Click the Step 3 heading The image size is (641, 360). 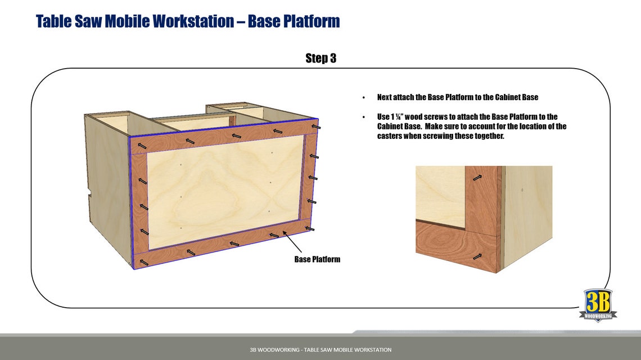[320, 58]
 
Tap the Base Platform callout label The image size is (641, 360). [317, 259]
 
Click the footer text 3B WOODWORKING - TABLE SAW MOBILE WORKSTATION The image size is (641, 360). [320, 350]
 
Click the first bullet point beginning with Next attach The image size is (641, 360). [458, 97]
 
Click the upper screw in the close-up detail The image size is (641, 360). [477, 178]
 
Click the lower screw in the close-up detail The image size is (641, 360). [477, 256]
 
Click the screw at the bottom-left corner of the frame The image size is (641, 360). [145, 262]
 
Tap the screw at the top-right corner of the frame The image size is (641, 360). [317, 128]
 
